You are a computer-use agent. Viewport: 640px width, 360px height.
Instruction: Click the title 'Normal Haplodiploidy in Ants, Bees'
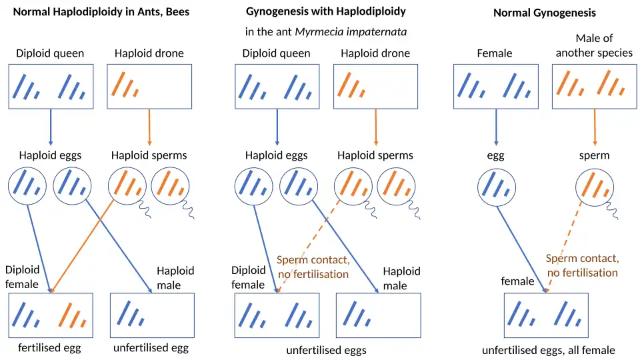tap(101, 12)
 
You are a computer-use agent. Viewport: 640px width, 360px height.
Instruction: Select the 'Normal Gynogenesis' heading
tap(545, 13)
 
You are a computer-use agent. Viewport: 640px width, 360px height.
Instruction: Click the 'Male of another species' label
tap(593, 45)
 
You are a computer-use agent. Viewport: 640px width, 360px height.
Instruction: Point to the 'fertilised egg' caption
tap(50, 347)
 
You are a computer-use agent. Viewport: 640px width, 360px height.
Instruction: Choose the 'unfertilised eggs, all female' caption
tap(548, 350)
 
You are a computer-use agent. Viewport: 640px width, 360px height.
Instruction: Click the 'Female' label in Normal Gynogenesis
tap(495, 53)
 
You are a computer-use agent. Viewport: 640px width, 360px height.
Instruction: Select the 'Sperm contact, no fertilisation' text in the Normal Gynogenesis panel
tap(582, 265)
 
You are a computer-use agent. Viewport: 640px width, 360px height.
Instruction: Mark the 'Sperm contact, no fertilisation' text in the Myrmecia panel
tap(313, 267)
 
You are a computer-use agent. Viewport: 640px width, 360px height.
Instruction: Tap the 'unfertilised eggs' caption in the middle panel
tap(326, 350)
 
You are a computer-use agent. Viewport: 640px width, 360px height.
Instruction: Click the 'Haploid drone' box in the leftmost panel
tap(149, 86)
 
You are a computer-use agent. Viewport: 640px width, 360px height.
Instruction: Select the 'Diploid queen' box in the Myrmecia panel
tap(277, 86)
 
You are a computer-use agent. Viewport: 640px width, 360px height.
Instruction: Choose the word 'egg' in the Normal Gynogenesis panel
tap(495, 155)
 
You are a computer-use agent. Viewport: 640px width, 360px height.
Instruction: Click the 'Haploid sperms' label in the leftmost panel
tap(149, 155)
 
